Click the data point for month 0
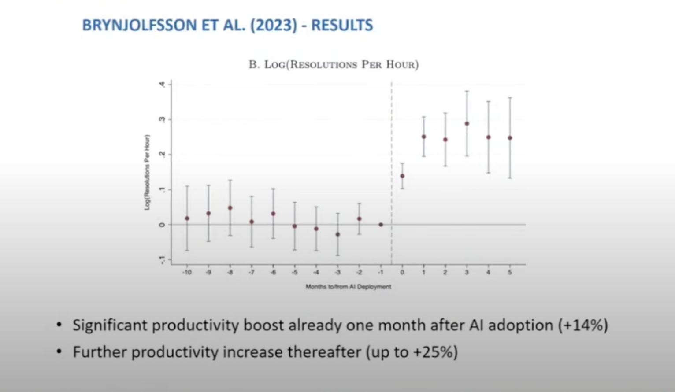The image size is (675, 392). (402, 176)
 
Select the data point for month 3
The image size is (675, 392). (467, 124)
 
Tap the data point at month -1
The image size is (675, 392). (381, 225)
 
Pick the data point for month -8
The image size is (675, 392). (230, 208)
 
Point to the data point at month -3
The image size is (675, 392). (338, 234)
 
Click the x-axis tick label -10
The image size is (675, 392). (187, 273)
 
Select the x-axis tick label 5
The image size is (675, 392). (510, 273)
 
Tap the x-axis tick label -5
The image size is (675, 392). (295, 273)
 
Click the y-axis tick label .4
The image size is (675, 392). (162, 84)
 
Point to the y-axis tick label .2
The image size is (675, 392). (162, 154)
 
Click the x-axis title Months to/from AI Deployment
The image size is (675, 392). (348, 287)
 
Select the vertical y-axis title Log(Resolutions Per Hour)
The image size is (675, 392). (147, 172)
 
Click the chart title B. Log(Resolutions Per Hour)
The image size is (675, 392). (334, 65)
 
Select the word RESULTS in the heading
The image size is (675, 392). (342, 25)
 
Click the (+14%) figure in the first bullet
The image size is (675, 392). (582, 325)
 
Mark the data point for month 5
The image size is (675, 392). (510, 138)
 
